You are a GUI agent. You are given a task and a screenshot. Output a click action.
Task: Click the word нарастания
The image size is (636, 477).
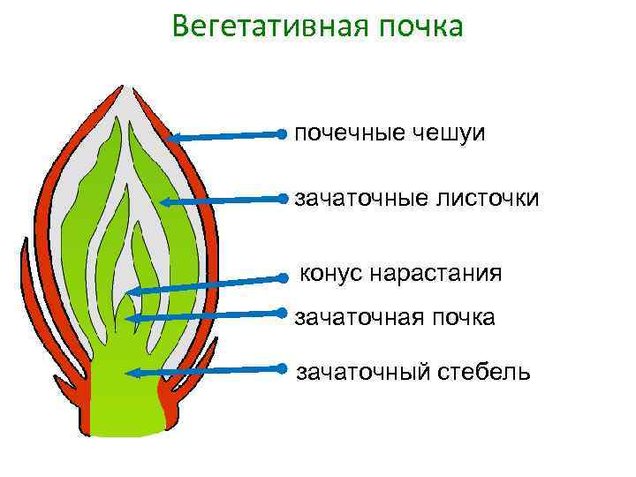click(436, 273)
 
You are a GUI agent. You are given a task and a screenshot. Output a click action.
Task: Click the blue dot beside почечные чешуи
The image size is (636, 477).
click(281, 133)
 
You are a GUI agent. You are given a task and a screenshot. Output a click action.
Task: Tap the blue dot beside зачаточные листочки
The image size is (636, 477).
click(281, 197)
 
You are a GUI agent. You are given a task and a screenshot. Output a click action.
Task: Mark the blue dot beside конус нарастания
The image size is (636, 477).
click(283, 277)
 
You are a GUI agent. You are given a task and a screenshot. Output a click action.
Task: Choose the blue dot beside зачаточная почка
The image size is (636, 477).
click(281, 312)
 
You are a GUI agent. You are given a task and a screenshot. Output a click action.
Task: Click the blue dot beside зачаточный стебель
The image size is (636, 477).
click(281, 367)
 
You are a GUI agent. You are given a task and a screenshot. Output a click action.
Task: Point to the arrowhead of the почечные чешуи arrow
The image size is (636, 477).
click(171, 138)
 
